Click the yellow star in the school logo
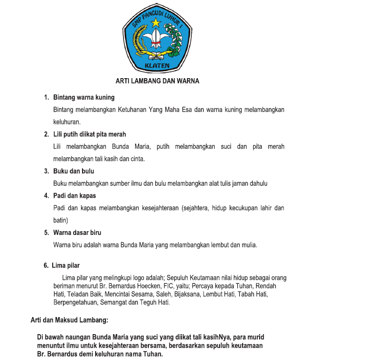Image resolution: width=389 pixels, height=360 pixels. pyautogui.click(x=156, y=22)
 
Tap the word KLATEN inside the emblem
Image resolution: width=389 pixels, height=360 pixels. pyautogui.click(x=157, y=65)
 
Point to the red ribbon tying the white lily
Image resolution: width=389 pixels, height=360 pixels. pyautogui.click(x=156, y=44)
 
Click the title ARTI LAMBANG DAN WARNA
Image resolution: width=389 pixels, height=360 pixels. pyautogui.click(x=157, y=81)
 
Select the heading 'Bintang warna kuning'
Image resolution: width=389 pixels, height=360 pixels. pyautogui.click(x=84, y=97)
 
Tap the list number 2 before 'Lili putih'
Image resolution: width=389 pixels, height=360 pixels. pyautogui.click(x=46, y=134)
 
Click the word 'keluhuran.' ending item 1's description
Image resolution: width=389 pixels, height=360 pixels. pyautogui.click(x=67, y=122)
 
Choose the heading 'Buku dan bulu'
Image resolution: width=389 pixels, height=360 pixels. pyautogui.click(x=74, y=171)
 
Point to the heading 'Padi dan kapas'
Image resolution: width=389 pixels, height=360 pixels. pyautogui.click(x=75, y=196)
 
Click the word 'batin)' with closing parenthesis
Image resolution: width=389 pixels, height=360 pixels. pyautogui.click(x=61, y=220)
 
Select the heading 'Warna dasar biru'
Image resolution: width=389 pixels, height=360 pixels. pyautogui.click(x=77, y=233)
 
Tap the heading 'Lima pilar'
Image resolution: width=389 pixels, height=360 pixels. pyautogui.click(x=65, y=266)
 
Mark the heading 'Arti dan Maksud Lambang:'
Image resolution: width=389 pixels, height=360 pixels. pyautogui.click(x=69, y=320)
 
